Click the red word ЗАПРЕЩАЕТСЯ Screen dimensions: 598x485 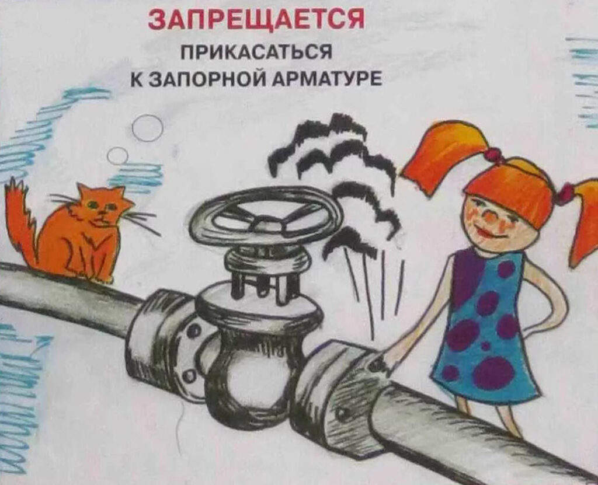(x=256, y=20)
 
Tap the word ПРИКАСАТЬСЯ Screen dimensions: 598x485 (x=256, y=53)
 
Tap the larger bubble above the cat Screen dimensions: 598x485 (x=147, y=128)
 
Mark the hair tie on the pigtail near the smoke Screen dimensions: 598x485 (x=493, y=154)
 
